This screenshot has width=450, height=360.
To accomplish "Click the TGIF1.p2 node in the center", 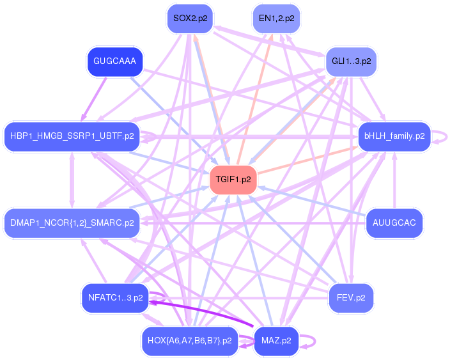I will point(233,180).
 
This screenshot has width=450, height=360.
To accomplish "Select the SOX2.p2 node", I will point(190,18).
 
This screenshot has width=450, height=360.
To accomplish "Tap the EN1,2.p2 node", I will point(275,18).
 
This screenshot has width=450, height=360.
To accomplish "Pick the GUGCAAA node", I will point(114,61).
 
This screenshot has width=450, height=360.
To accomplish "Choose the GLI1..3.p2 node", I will point(351,61).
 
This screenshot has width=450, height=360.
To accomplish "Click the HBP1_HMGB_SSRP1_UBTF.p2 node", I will point(72,136).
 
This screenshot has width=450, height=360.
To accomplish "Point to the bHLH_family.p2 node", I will point(394,136).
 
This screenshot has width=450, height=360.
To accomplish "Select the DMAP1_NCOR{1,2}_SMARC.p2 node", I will point(72,223).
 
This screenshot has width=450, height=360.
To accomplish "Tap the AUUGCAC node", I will point(394,223).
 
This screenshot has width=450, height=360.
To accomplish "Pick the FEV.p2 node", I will point(350,298).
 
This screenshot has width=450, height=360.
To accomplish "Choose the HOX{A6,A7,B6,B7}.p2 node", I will point(189,341).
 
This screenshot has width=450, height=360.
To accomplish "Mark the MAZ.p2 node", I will point(276,341).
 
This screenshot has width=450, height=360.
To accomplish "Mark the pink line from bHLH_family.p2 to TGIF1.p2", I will point(307,160).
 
